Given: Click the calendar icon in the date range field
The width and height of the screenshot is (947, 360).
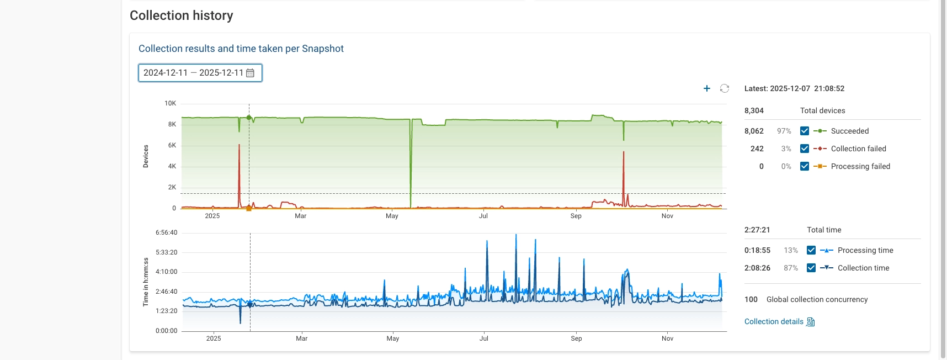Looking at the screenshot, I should (x=250, y=73).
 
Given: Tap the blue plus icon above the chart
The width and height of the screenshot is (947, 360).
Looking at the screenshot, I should (x=707, y=88).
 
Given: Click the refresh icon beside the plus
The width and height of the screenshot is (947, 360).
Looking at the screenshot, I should (x=725, y=88).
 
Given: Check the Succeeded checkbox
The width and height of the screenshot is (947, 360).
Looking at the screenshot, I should (x=805, y=131).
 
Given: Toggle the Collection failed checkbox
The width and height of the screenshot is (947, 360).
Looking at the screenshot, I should (x=805, y=149).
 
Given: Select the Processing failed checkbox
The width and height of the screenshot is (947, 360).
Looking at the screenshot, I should (x=805, y=166).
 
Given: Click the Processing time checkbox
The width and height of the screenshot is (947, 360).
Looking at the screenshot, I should (x=811, y=250).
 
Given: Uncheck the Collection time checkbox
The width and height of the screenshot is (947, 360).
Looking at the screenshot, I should (x=811, y=268).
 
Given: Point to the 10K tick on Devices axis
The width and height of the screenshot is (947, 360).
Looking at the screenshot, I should (x=170, y=103).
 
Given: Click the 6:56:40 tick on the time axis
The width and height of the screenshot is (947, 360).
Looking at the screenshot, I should (x=166, y=232).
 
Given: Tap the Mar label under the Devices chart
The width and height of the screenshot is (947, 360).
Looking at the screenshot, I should (x=300, y=216).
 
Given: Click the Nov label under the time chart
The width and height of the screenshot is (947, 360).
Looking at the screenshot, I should (x=667, y=338).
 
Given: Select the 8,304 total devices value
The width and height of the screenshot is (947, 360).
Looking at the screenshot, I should (x=754, y=110).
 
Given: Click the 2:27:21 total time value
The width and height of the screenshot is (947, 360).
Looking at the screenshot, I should (x=757, y=230).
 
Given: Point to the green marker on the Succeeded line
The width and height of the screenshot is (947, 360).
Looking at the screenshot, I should (x=249, y=118).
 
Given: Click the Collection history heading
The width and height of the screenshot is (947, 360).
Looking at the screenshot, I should (x=181, y=15).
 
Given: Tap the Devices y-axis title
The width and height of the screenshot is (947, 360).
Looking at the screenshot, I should (x=146, y=156).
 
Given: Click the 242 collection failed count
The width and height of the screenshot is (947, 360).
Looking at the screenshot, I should (x=757, y=149).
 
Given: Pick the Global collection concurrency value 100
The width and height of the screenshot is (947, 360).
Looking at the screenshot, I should (x=751, y=299).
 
